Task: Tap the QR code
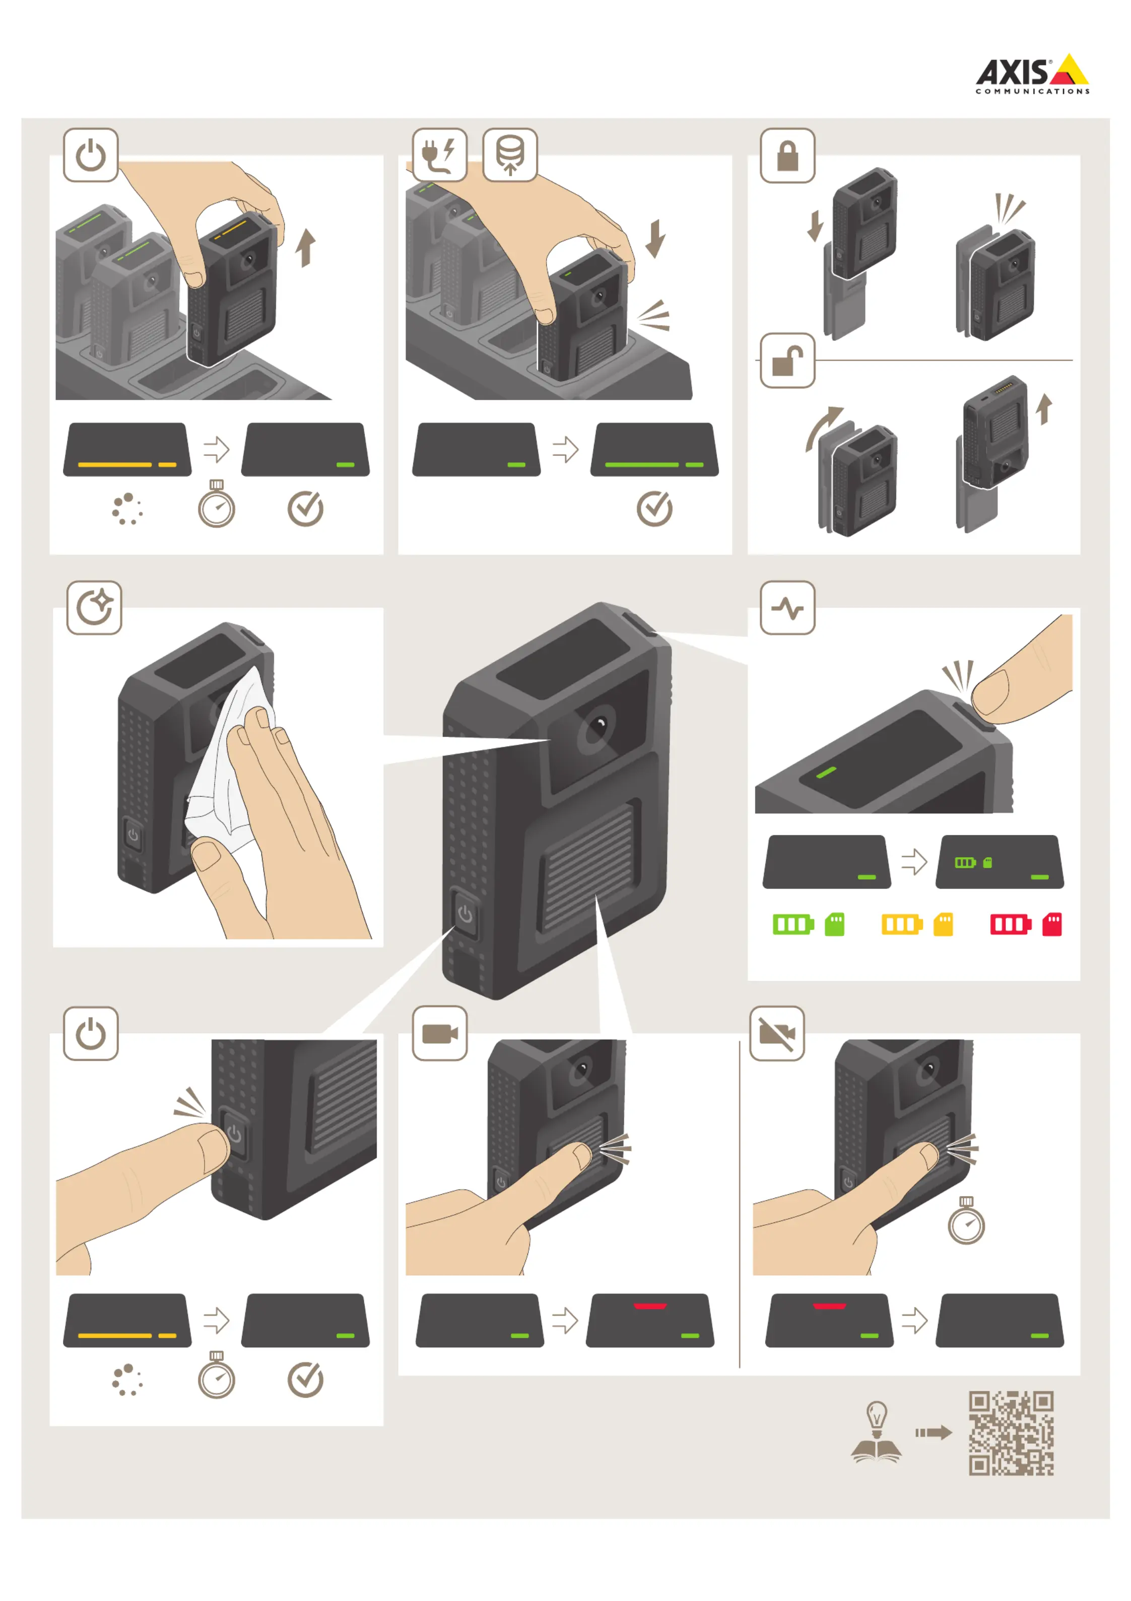[x=1011, y=1433]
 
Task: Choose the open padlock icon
[x=787, y=361]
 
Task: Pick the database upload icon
[x=510, y=155]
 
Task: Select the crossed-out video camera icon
[x=777, y=1033]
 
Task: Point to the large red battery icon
[x=1011, y=925]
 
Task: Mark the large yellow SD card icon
[x=943, y=925]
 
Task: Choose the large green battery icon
[x=793, y=925]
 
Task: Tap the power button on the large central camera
[x=465, y=914]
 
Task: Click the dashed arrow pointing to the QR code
[x=934, y=1433]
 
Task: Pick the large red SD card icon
[x=1051, y=925]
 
